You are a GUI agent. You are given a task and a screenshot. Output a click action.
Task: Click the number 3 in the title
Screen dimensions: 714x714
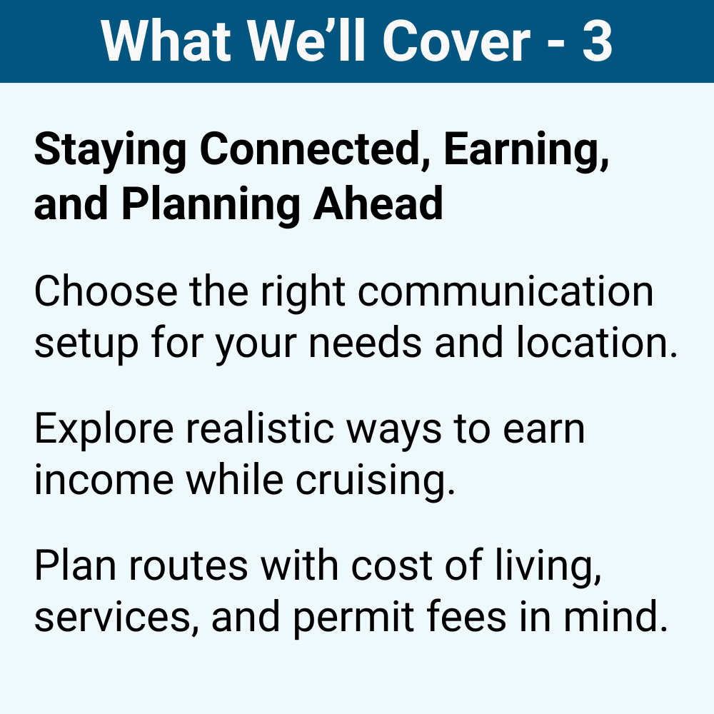coord(598,41)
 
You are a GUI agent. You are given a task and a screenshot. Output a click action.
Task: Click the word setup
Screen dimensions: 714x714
coord(86,344)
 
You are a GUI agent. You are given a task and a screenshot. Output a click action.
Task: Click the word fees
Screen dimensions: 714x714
coord(473,618)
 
